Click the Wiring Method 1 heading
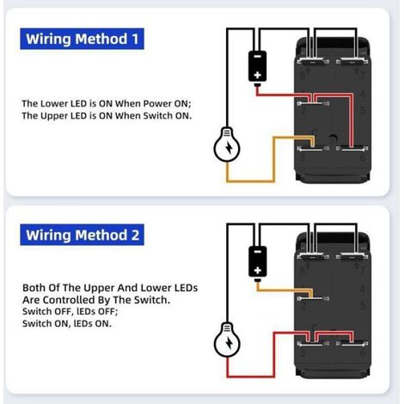pyautogui.click(x=82, y=39)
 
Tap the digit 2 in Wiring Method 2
pyautogui.click(x=135, y=236)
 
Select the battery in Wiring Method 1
pyautogui.click(x=257, y=68)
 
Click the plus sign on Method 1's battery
pyautogui.click(x=257, y=75)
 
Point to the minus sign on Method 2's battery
pyautogui.click(x=257, y=252)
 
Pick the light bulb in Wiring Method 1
pyautogui.click(x=227, y=144)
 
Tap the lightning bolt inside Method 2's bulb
pyautogui.click(x=230, y=342)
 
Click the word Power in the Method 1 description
pyautogui.click(x=157, y=103)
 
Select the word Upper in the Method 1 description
pyautogui.click(x=54, y=116)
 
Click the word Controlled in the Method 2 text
pyautogui.click(x=77, y=300)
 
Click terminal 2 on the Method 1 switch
pyautogui.click(x=313, y=103)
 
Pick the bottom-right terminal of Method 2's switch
pyautogui.click(x=352, y=343)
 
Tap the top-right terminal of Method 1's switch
pyautogui.click(x=352, y=61)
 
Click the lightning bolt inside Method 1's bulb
pyautogui.click(x=230, y=147)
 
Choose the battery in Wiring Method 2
pyautogui.click(x=257, y=264)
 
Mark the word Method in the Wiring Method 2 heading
pyautogui.click(x=101, y=235)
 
